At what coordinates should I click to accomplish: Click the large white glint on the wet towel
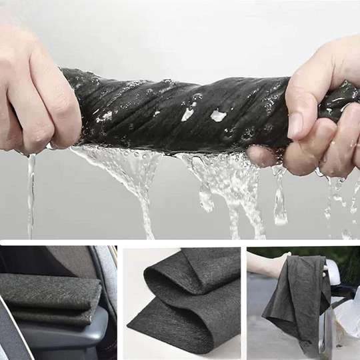[218, 115]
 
